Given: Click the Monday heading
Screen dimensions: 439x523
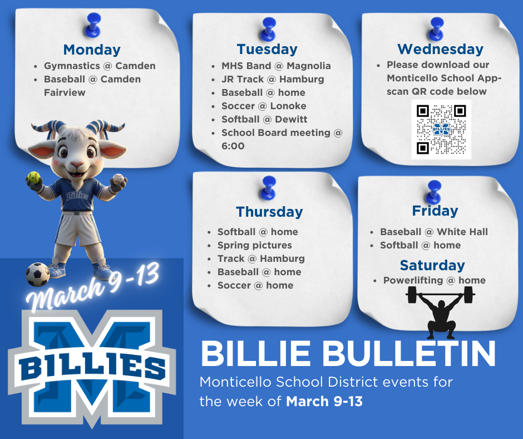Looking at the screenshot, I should pyautogui.click(x=92, y=50).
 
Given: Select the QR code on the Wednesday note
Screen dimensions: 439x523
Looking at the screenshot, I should pyautogui.click(x=441, y=129).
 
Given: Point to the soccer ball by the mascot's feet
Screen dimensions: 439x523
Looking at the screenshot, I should pyautogui.click(x=37, y=274).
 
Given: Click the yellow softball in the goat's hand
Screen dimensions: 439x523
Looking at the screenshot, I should pyautogui.click(x=34, y=178).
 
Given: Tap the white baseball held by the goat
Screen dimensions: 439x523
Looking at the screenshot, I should pyautogui.click(x=119, y=179).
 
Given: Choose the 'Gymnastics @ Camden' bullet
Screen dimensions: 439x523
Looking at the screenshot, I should pyautogui.click(x=100, y=66).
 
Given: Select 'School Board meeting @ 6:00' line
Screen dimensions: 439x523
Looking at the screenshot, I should pyautogui.click(x=282, y=139).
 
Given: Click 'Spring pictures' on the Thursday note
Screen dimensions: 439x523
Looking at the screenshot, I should pyautogui.click(x=254, y=245).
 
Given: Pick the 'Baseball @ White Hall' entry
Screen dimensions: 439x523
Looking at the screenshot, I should pyautogui.click(x=433, y=232).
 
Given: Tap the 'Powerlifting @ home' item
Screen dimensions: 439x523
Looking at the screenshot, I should pyautogui.click(x=434, y=280).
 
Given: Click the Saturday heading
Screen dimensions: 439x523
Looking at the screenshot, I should pyautogui.click(x=432, y=265).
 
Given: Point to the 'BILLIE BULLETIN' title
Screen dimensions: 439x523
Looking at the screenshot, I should pyautogui.click(x=348, y=353).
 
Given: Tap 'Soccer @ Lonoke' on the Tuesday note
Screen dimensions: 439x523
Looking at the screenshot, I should pyautogui.click(x=264, y=106).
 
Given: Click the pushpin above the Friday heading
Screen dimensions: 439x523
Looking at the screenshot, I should pyautogui.click(x=432, y=191).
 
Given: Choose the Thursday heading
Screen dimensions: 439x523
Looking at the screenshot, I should pyautogui.click(x=269, y=212).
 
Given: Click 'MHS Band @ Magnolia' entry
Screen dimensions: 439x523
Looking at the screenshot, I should pyautogui.click(x=276, y=66).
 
